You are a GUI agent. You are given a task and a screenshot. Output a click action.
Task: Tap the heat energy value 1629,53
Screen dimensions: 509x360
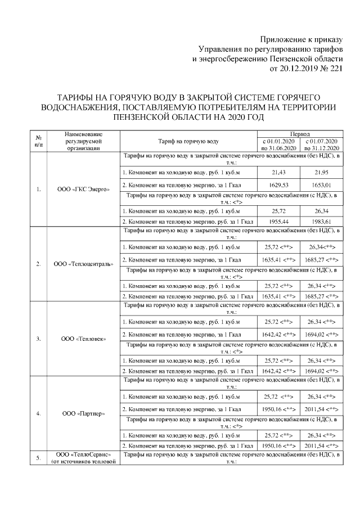pos(279,184)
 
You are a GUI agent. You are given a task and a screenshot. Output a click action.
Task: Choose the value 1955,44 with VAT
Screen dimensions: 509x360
pos(279,222)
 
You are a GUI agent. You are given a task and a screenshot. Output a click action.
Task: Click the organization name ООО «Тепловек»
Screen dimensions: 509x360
pos(84,339)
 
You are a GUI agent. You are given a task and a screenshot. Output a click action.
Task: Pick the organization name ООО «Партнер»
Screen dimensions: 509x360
pos(84,414)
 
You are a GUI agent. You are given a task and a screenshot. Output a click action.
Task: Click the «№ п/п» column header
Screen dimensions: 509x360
pos(38,141)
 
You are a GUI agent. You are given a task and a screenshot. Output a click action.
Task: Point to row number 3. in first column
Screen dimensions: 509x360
pos(38,339)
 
